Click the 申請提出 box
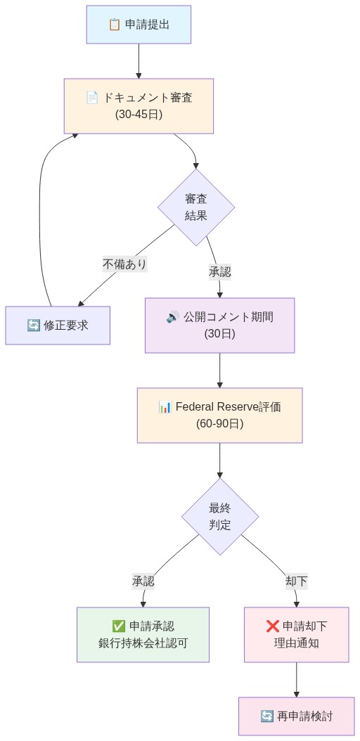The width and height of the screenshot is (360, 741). click(139, 25)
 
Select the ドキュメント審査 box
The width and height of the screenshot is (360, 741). click(139, 106)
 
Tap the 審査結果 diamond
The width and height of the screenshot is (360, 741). click(195, 207)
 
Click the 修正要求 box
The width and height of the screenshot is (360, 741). click(58, 326)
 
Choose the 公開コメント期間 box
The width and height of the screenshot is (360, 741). click(219, 326)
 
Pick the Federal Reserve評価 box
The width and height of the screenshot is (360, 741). click(219, 415)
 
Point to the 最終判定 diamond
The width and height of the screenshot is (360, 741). click(219, 517)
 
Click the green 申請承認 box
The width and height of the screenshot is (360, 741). click(143, 635)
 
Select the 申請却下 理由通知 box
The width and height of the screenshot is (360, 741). click(296, 635)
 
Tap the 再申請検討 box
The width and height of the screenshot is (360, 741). click(296, 716)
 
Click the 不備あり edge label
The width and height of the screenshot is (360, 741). click(124, 264)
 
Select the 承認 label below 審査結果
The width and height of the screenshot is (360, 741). click(219, 271)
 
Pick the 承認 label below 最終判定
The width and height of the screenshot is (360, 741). click(143, 581)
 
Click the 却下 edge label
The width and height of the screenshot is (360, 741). click(296, 581)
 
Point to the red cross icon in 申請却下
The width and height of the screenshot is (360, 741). click(273, 626)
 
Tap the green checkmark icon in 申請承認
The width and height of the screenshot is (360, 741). click(119, 626)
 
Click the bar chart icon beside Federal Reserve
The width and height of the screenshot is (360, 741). click(165, 407)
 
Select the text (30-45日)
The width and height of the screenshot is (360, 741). click(139, 114)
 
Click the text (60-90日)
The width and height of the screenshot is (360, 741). click(219, 424)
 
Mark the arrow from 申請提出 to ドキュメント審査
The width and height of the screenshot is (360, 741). click(139, 61)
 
